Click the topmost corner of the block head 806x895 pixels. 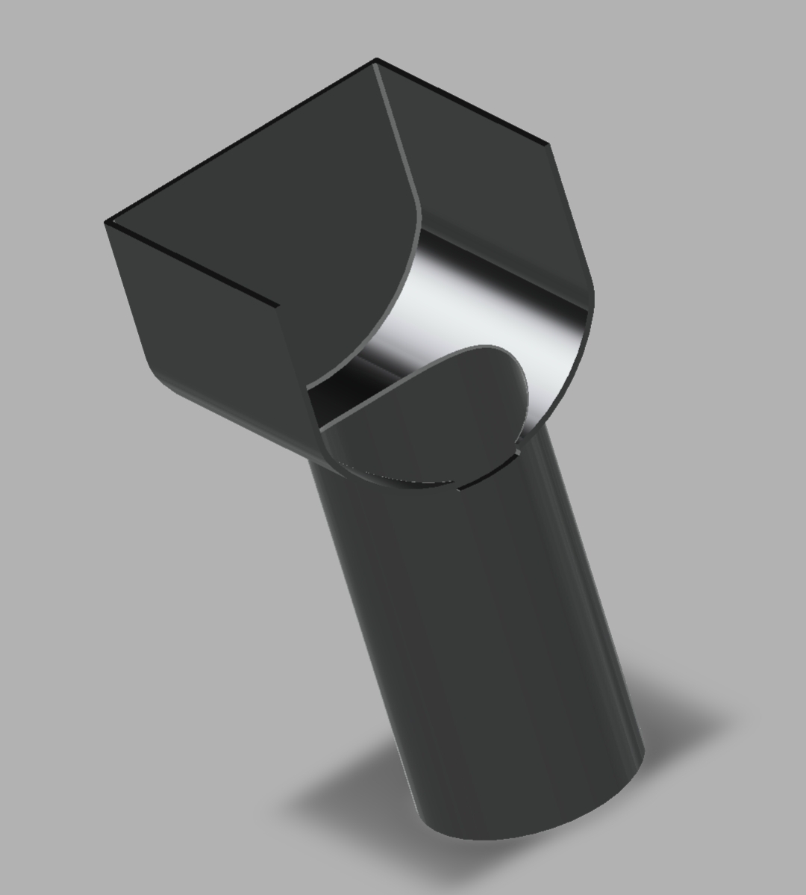click(375, 60)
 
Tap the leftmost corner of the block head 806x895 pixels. click(105, 222)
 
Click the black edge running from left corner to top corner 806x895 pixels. click(239, 140)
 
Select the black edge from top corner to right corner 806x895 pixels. click(463, 101)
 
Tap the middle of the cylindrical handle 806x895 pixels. click(478, 635)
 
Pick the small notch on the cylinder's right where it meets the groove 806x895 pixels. click(518, 450)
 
